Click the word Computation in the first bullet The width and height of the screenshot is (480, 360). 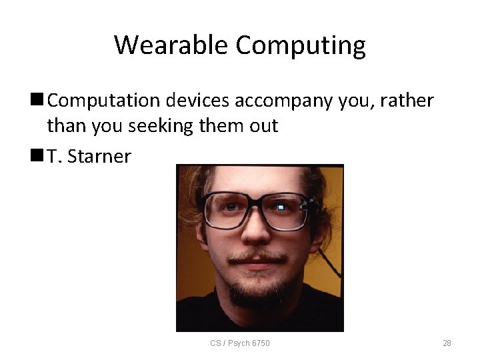click(104, 101)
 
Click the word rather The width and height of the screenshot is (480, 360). click(408, 101)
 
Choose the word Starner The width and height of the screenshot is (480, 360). click(100, 157)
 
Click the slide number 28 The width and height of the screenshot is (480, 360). click(447, 343)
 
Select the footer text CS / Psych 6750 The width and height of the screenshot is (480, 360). click(240, 343)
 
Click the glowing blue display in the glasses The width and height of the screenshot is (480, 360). click(281, 208)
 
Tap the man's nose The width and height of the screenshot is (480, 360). click(254, 230)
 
